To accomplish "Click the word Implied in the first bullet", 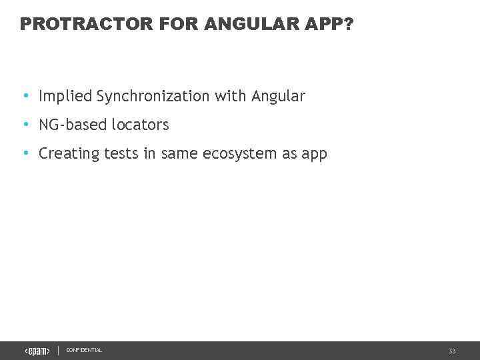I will [x=65, y=97].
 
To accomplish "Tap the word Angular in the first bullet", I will [x=278, y=97].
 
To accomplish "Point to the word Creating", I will [x=69, y=154].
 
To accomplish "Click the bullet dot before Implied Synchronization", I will [x=25, y=96].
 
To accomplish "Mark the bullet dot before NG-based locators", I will [x=25, y=125].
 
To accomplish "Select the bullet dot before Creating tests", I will [x=25, y=153].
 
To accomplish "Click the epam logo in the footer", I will [x=37, y=351].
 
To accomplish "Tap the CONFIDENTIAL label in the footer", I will [x=84, y=351].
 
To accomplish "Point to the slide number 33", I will [x=452, y=351].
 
